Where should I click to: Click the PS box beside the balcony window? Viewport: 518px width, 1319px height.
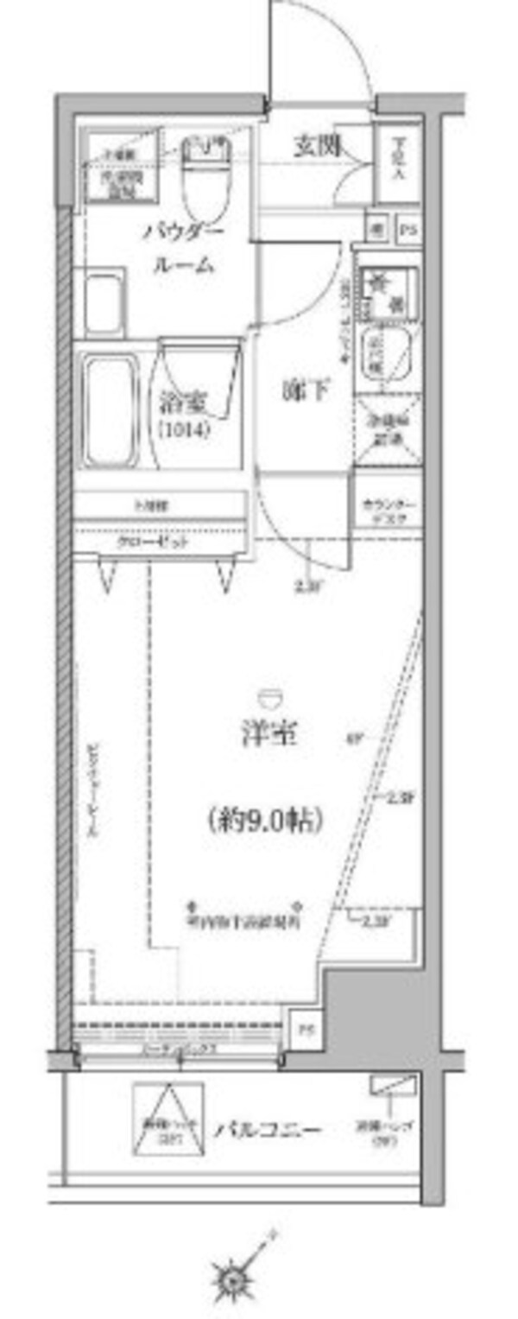[303, 1030]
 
